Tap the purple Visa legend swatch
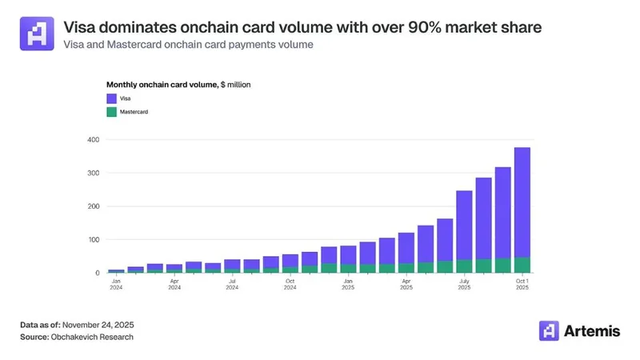click(112, 98)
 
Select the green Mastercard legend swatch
click(112, 113)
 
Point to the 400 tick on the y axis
click(93, 140)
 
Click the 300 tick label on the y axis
click(93, 173)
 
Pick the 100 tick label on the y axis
click(93, 239)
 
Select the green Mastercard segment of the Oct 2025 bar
click(522, 265)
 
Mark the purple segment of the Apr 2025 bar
click(406, 247)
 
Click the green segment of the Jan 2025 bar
click(348, 269)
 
